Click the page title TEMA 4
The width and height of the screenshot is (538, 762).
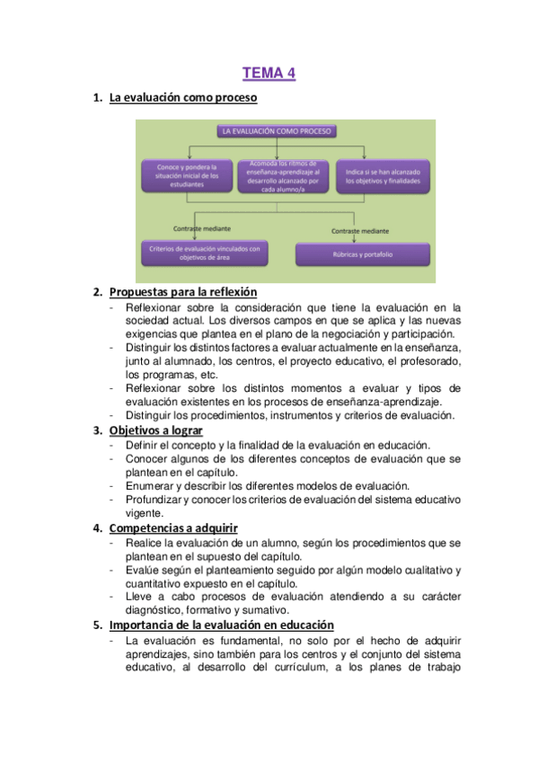269,74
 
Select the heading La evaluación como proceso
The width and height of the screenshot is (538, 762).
183,97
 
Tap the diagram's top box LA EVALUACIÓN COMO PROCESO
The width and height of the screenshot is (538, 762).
275,131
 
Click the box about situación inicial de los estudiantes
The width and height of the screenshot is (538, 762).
187,174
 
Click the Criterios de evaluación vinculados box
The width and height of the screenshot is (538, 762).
206,253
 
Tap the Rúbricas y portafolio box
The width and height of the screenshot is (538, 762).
368,254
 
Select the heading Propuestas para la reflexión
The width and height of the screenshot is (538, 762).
183,292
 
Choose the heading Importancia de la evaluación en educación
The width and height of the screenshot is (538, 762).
222,625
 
